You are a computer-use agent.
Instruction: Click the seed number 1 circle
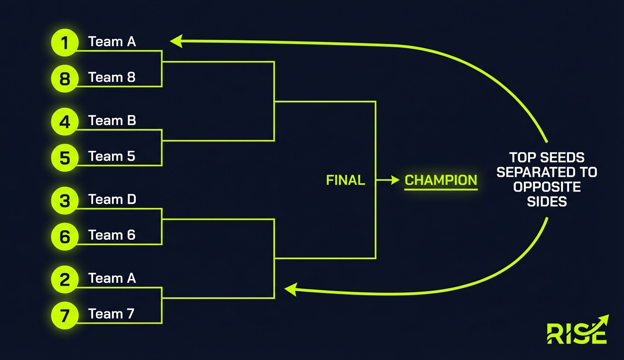(65, 43)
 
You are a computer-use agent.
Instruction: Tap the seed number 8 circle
(65, 79)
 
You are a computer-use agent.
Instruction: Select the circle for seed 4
(65, 122)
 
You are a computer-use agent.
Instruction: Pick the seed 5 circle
(65, 157)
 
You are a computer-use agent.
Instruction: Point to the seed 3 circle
(65, 201)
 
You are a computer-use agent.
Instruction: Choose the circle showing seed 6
(65, 236)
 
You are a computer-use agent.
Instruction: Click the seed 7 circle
(65, 315)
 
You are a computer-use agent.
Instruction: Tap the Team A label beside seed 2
(112, 278)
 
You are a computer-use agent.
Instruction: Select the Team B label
(112, 120)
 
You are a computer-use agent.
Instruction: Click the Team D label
(112, 199)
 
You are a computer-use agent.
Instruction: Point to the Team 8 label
(112, 77)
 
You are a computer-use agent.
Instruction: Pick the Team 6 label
(112, 235)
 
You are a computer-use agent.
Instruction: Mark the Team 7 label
(111, 314)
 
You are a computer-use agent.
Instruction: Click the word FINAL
(345, 180)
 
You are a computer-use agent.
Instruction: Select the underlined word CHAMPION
(441, 180)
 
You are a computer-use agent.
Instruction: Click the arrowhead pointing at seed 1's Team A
(176, 41)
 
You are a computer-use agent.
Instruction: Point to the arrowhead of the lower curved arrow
(290, 289)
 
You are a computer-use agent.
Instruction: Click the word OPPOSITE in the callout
(547, 187)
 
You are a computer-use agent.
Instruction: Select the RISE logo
(578, 330)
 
